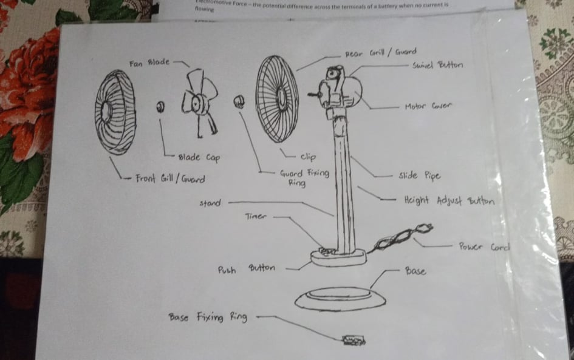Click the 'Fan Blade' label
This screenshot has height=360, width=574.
pyautogui.click(x=149, y=62)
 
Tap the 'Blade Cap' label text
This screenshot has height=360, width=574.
pyautogui.click(x=199, y=158)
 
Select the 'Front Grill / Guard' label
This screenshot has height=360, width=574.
pyautogui.click(x=169, y=179)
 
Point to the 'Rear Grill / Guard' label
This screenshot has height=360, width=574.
pyautogui.click(x=381, y=53)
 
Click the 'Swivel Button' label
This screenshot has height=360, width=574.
pyautogui.click(x=437, y=65)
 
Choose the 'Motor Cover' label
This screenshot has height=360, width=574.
pyautogui.click(x=429, y=107)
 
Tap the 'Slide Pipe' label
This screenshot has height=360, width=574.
pyautogui.click(x=419, y=176)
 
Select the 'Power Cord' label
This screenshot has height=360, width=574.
pyautogui.click(x=483, y=246)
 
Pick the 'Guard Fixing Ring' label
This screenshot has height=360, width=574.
pyautogui.click(x=304, y=177)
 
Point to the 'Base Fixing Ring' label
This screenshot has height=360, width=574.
pyautogui.click(x=208, y=317)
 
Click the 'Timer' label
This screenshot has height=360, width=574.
pyautogui.click(x=256, y=216)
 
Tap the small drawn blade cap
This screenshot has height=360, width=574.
pyautogui.click(x=160, y=107)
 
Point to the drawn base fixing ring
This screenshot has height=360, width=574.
pyautogui.click(x=354, y=340)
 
